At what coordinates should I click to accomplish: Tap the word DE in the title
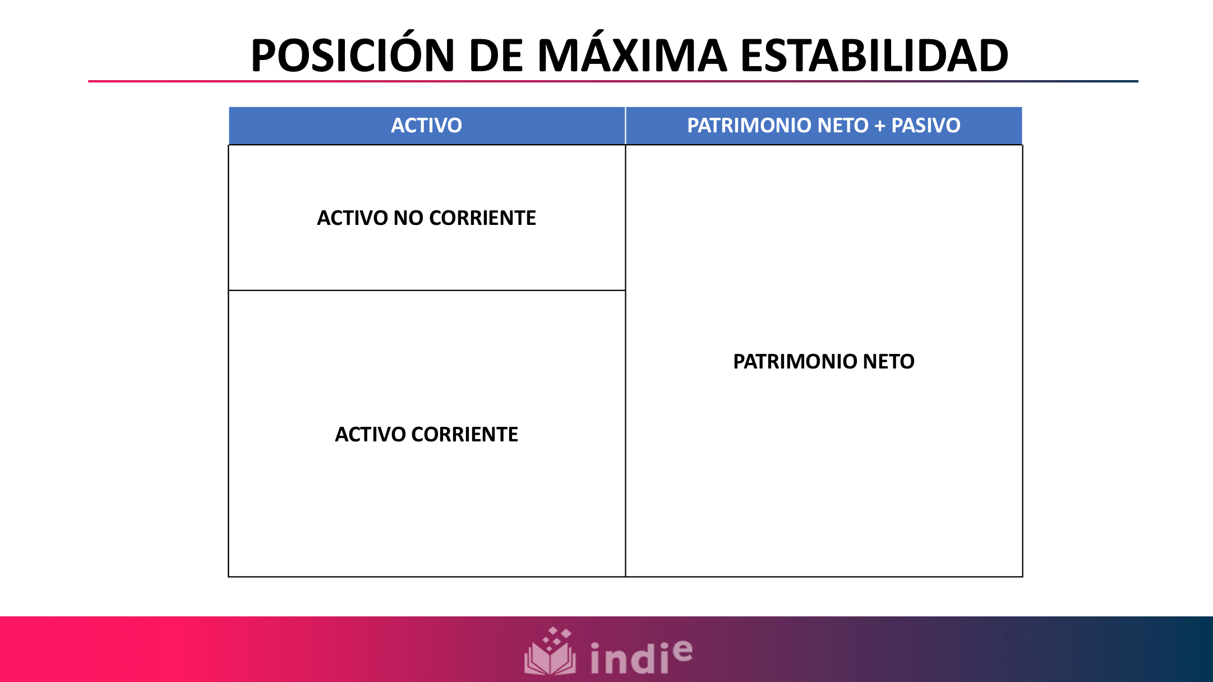496,56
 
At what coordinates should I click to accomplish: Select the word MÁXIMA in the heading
632,56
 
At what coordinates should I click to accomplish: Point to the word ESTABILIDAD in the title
874,56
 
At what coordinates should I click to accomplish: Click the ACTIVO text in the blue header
426,126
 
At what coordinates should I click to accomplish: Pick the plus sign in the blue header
880,126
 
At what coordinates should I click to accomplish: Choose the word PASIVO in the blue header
926,126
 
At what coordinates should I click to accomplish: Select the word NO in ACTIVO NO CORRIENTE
408,218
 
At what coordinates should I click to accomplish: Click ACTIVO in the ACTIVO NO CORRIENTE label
352,218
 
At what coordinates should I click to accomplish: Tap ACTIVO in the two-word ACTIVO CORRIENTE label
370,435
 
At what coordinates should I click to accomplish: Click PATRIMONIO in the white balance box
795,362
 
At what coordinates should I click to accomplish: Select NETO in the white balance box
889,362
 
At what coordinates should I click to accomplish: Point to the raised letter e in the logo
682,650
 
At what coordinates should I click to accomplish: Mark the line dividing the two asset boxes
426,291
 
